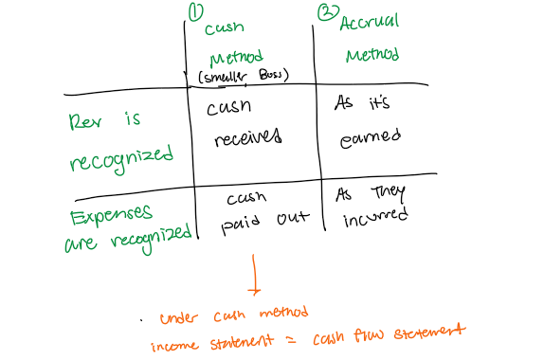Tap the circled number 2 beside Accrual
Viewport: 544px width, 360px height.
pos(327,11)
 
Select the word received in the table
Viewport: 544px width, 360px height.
pos(248,140)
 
